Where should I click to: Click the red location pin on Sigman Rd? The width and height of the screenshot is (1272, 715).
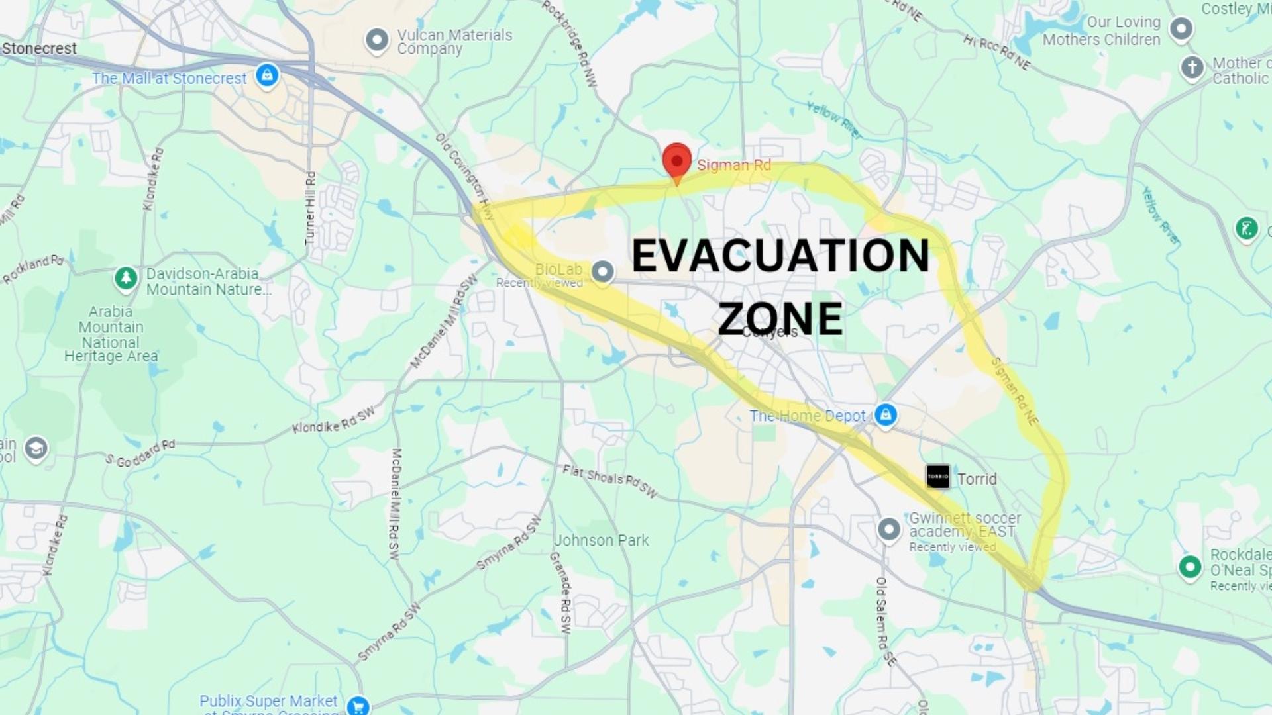coord(676,161)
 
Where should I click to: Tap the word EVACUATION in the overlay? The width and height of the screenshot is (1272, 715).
coord(780,256)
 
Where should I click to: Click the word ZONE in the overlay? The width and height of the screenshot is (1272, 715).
coord(780,318)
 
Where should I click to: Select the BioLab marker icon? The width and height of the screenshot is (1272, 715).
coord(602,271)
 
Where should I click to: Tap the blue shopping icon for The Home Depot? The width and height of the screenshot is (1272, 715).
coord(886,415)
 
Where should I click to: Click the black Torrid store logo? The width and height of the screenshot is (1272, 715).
coord(937,477)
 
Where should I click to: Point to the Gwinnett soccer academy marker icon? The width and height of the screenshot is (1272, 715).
coord(889,530)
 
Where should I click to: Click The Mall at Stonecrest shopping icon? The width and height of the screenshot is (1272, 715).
coord(267,75)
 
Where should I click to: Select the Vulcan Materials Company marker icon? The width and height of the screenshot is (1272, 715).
coord(377,40)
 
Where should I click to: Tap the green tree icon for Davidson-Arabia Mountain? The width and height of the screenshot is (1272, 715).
coord(126,279)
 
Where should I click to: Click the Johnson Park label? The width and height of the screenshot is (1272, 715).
coord(601,540)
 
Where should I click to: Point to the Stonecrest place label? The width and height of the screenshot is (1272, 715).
coord(39,48)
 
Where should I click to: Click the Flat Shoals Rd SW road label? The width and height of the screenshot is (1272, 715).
coord(609,481)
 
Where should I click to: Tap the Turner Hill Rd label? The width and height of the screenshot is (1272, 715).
coord(310,208)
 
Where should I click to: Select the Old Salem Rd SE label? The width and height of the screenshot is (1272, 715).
coord(884,621)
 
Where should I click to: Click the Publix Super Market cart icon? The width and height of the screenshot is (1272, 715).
coord(358,705)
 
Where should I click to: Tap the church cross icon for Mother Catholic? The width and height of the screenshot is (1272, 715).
coord(1192,68)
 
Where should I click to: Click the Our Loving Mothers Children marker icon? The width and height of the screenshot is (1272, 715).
coord(1181,29)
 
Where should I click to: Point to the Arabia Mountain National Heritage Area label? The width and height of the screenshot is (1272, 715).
coord(111,334)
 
